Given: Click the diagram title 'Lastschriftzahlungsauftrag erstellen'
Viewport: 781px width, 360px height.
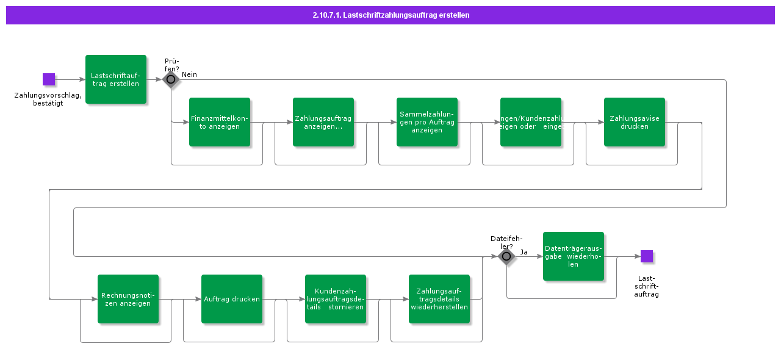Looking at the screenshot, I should (390, 15).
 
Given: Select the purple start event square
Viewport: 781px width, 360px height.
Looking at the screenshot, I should (49, 79).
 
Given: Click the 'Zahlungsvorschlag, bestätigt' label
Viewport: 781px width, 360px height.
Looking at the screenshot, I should (48, 99).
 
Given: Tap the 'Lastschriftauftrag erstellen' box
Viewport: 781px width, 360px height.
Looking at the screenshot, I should (116, 79).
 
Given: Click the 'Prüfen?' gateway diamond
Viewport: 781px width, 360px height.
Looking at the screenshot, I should (171, 79).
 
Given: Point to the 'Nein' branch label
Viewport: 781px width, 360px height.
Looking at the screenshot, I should (189, 74).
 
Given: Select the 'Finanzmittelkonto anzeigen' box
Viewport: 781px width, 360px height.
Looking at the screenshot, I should (220, 122).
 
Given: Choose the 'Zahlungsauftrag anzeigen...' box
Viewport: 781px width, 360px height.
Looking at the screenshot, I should (323, 122).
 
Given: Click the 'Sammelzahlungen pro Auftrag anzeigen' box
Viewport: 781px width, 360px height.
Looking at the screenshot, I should (427, 122).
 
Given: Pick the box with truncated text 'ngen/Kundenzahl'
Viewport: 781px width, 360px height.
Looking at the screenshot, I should (531, 122).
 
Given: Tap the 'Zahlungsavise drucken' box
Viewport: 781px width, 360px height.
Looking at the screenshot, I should (635, 122).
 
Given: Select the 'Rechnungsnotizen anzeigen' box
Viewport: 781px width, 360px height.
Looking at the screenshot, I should (128, 299).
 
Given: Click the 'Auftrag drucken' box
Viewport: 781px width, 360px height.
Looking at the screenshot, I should (232, 299).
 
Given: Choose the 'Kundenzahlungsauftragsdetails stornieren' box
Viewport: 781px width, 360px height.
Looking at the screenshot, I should (336, 299).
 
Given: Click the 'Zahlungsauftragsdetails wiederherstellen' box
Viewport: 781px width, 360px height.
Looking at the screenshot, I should (439, 299).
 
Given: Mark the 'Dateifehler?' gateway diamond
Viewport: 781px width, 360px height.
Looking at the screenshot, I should (506, 256).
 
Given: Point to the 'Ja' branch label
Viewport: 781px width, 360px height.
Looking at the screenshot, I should (524, 252).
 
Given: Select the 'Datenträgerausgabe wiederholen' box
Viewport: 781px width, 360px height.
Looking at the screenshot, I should (574, 256).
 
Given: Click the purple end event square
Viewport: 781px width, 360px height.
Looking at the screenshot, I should (647, 256).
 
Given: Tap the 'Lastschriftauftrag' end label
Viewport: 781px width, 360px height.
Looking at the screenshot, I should (647, 286).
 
